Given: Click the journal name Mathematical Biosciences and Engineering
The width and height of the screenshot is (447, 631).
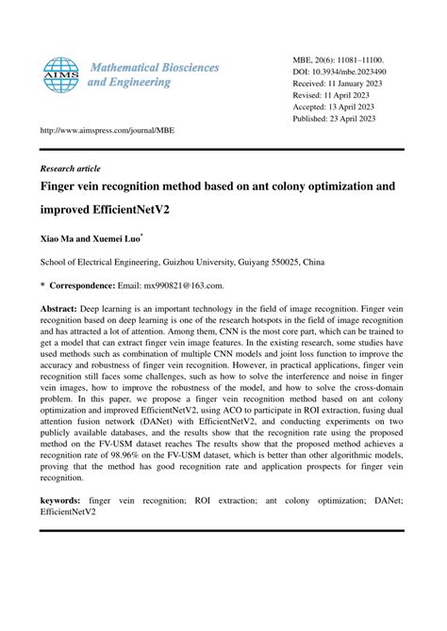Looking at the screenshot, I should coord(153,74).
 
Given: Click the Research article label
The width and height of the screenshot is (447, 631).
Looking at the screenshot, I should coord(70,168).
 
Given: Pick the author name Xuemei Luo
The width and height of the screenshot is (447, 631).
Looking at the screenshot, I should coord(116,241).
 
